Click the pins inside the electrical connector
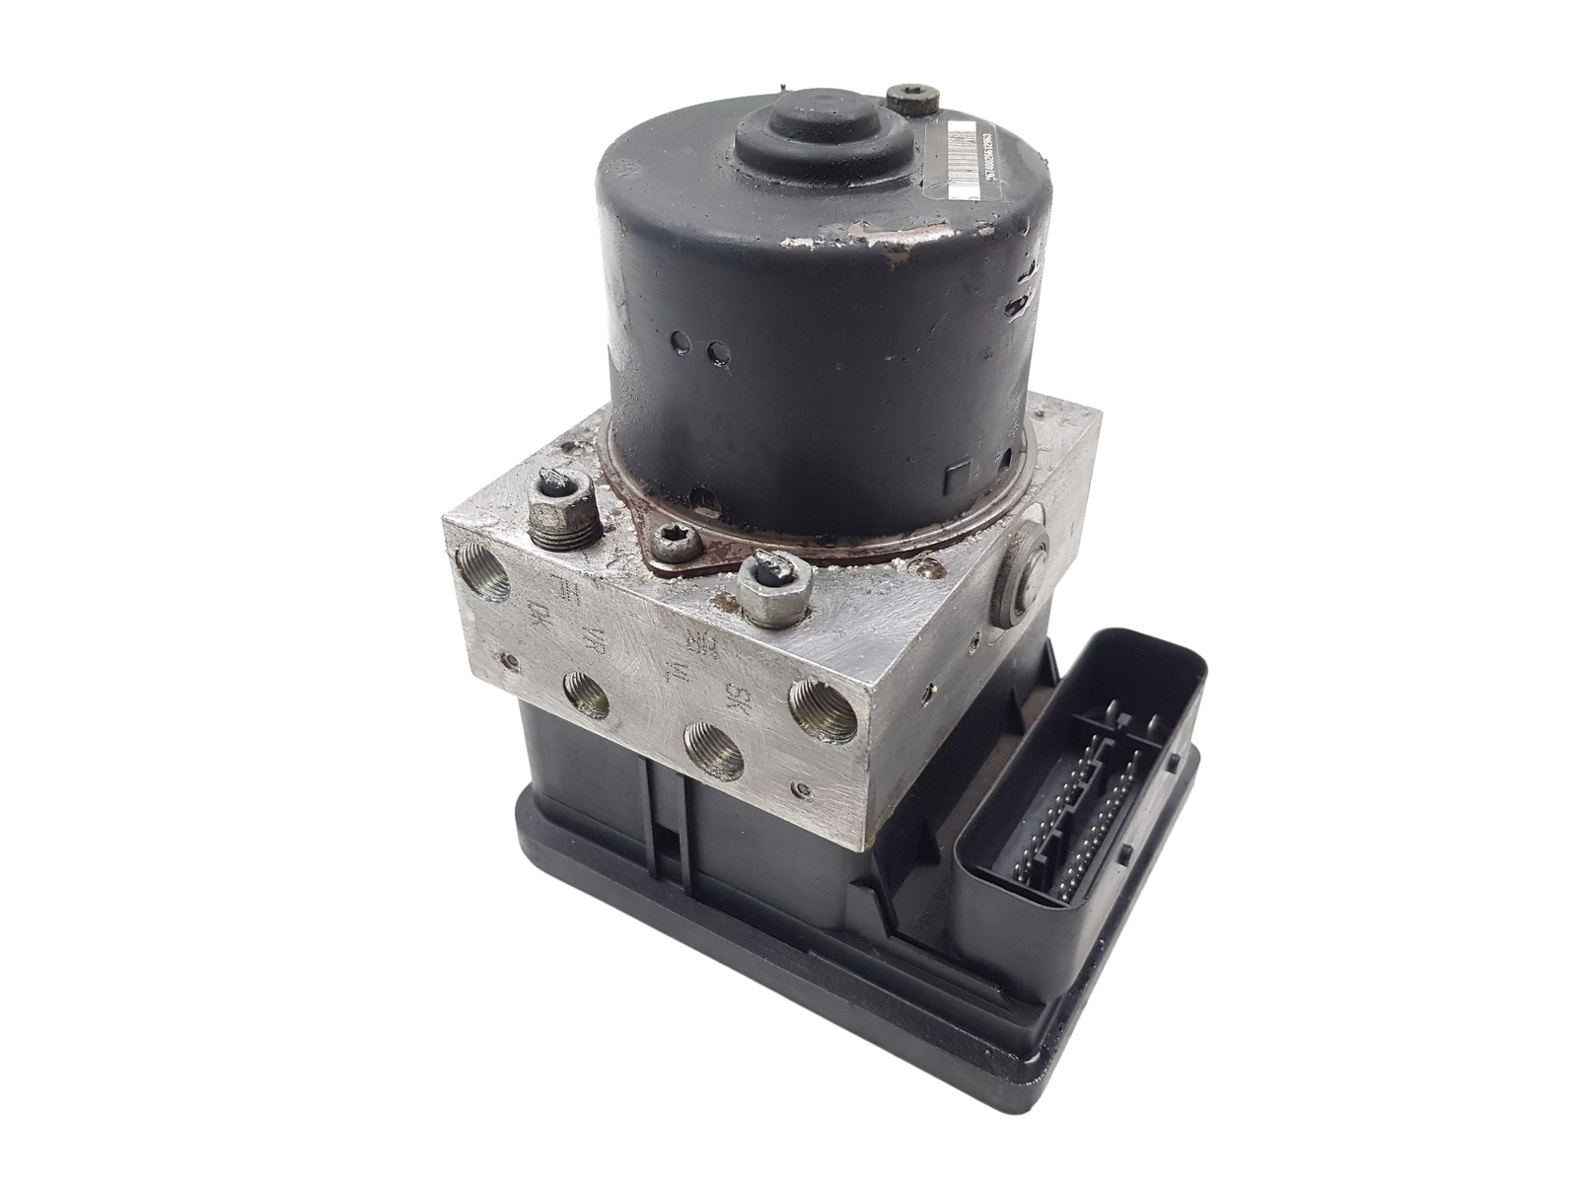coord(1075,789)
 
